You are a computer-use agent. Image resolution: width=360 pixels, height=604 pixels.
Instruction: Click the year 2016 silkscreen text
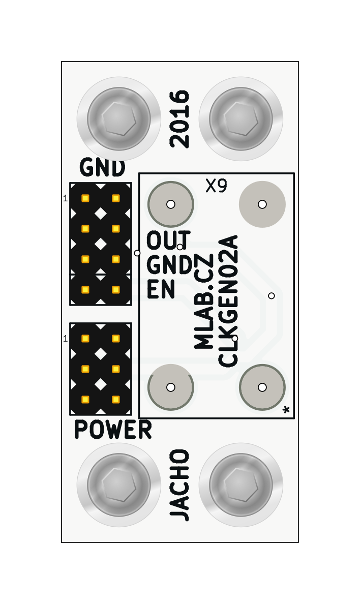179,119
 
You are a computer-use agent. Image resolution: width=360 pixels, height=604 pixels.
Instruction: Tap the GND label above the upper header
102,167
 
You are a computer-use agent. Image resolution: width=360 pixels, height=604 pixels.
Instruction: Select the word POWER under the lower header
113,430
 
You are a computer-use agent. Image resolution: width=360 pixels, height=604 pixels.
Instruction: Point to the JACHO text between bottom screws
179,485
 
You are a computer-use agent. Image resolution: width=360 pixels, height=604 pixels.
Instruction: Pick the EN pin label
161,290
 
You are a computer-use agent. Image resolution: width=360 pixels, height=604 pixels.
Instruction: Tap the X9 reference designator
216,186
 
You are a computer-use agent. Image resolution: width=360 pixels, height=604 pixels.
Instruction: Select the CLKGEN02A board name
228,300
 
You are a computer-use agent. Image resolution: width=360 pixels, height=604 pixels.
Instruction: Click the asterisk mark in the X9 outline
286,409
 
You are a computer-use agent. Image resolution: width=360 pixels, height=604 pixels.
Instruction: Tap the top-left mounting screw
119,118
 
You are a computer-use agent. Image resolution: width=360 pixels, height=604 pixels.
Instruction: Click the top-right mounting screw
241,118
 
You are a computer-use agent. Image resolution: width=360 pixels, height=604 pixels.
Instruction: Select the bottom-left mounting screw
119,485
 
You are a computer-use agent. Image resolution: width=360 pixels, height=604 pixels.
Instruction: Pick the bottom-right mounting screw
241,485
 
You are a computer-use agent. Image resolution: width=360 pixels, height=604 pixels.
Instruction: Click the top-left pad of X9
171,204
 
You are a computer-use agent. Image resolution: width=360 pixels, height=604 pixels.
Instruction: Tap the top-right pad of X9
262,204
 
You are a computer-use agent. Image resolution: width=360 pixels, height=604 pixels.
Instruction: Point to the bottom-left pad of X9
171,387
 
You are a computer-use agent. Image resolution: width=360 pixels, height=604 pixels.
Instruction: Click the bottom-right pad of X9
262,387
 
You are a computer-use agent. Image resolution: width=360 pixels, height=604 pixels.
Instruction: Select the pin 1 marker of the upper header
65,198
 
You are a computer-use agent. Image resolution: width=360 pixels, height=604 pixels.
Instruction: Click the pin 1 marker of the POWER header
65,339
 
